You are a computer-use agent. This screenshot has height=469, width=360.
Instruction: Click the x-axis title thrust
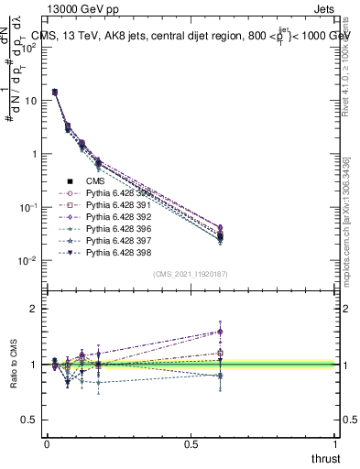tap(325, 459)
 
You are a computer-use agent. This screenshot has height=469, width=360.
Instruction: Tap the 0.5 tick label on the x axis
tap(191, 443)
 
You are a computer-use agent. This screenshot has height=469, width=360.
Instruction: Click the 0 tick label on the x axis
tap(46, 443)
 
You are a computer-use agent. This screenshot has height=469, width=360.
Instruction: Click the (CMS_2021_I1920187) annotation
tap(191, 273)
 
